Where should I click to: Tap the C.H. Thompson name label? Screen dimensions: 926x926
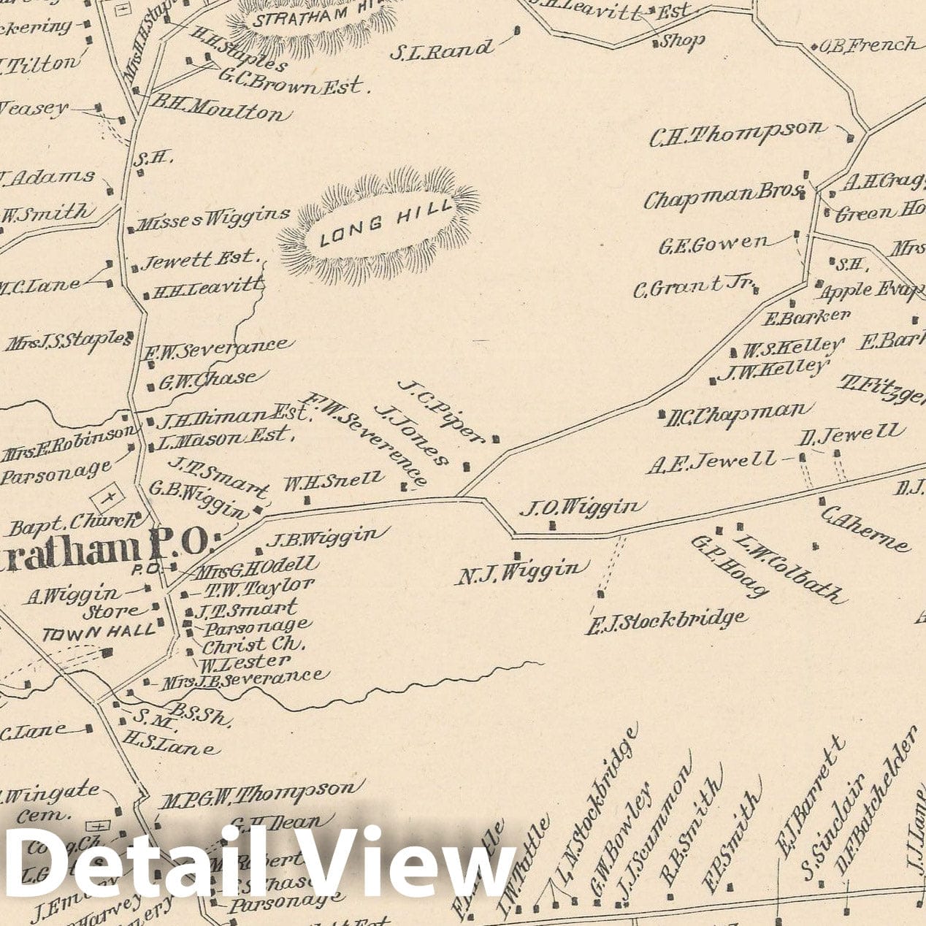tap(738, 133)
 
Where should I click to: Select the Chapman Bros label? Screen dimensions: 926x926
tap(719, 196)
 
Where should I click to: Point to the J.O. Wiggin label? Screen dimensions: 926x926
tap(582, 506)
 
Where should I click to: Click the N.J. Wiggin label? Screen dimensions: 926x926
tap(522, 572)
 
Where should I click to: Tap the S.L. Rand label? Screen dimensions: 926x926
tap(442, 50)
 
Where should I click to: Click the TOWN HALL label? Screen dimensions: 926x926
tap(99, 632)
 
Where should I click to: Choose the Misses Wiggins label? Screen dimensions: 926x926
tap(214, 217)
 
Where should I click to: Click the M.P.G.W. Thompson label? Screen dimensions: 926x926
tap(259, 794)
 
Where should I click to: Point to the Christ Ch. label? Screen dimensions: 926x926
tap(253, 644)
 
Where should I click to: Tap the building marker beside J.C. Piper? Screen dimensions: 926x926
tap(496, 439)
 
